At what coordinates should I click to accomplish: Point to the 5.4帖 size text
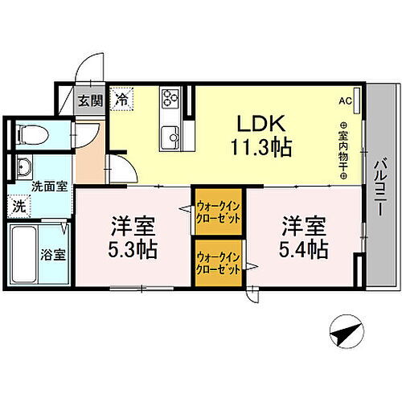tap(303, 248)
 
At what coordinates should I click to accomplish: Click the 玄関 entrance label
tap(90, 101)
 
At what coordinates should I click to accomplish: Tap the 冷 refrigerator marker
tap(121, 100)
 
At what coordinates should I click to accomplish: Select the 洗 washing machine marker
tap(18, 205)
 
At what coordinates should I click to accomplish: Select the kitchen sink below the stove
tap(170, 135)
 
